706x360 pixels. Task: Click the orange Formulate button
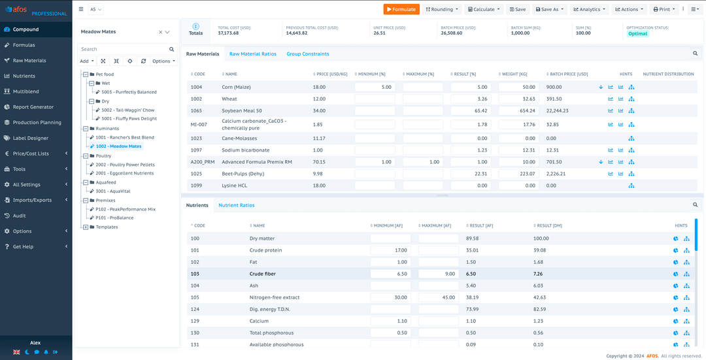coord(401,9)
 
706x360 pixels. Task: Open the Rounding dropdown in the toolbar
coord(442,9)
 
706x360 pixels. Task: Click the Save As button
coord(549,9)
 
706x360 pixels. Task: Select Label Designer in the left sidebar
coord(30,138)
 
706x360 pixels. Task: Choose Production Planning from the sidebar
coord(37,122)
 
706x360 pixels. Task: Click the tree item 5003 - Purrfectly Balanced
coord(129,92)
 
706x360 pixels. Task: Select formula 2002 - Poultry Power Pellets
coord(125,165)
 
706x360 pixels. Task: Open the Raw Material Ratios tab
coord(252,54)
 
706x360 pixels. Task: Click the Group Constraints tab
coord(307,54)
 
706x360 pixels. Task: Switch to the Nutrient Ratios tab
coord(236,205)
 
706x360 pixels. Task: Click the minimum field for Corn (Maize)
coord(375,87)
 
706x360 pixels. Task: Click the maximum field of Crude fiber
coord(438,274)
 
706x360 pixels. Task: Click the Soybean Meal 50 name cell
coord(241,111)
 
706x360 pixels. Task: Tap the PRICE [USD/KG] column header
coord(330,74)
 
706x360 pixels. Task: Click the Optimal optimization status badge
coord(637,33)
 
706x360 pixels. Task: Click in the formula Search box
coord(122,49)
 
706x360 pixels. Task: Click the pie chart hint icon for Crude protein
coord(675,250)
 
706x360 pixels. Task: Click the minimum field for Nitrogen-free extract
coord(390,297)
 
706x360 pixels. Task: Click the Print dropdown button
coord(664,9)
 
